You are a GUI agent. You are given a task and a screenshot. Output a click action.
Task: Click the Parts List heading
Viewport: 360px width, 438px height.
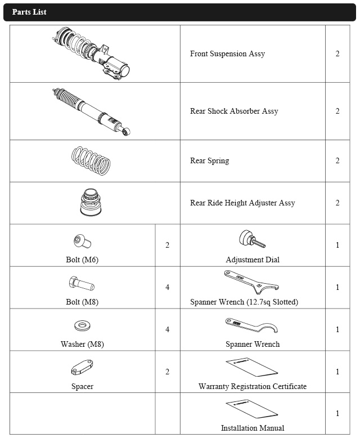tap(29, 12)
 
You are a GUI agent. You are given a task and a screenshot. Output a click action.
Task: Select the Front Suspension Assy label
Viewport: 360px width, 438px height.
tap(227, 54)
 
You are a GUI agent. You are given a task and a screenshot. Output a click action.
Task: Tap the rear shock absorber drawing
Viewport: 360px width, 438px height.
tap(92, 111)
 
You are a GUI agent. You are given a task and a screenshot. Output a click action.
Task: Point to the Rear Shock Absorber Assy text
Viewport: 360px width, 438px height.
tap(234, 111)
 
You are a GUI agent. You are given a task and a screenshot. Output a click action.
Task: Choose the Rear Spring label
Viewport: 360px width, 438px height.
tap(209, 161)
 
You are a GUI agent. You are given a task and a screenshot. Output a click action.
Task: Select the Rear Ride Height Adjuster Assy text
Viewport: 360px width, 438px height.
tap(242, 203)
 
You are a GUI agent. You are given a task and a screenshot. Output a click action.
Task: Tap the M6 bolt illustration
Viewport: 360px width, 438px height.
tap(83, 242)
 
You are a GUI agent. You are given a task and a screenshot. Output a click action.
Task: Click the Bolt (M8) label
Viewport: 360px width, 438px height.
tap(82, 302)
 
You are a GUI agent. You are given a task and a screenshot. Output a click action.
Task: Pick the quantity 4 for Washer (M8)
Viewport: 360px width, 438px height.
tap(167, 329)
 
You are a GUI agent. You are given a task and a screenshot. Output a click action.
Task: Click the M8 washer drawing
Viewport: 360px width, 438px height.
tap(82, 326)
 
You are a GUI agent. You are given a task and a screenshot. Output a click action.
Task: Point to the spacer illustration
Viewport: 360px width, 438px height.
tap(82, 368)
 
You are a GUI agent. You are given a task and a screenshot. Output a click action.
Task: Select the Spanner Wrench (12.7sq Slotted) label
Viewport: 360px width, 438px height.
tap(244, 302)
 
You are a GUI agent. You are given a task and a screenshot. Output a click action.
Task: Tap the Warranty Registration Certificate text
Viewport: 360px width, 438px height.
tap(253, 387)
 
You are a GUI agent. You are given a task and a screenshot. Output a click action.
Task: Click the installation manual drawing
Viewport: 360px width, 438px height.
tap(252, 409)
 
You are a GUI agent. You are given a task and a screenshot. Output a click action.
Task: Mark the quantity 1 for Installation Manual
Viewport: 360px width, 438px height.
tap(337, 414)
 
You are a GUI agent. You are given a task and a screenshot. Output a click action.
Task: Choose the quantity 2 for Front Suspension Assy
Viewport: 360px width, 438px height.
tap(337, 54)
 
